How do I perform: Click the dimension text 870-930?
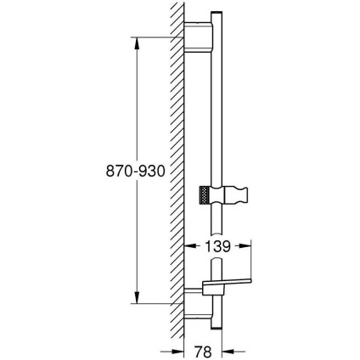(130, 170)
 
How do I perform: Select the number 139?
(218, 246)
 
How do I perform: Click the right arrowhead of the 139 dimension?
(248, 246)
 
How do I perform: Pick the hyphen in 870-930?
(129, 170)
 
